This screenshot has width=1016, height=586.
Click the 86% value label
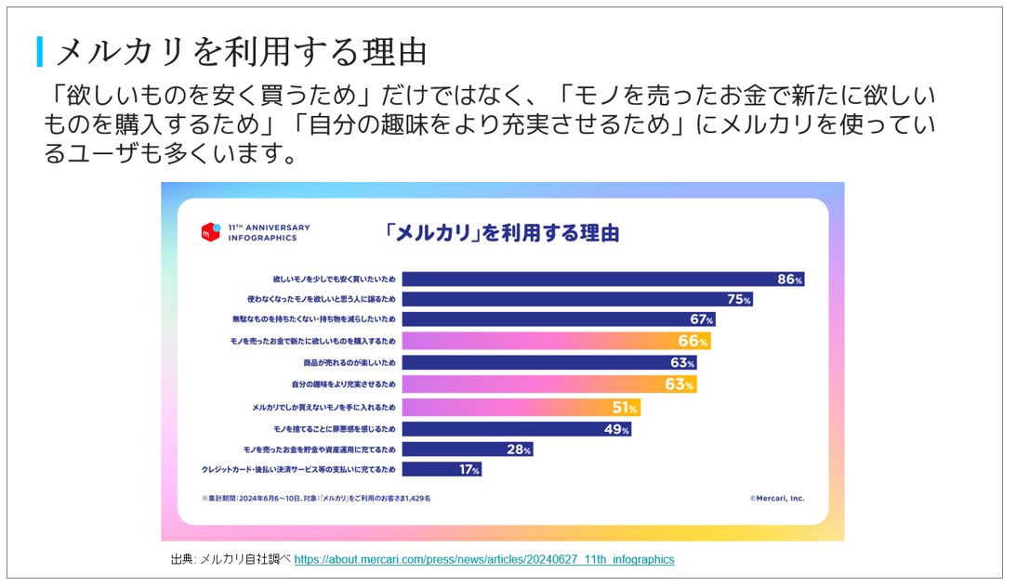(790, 279)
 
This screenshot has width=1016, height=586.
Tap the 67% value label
(702, 320)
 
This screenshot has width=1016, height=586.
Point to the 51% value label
(625, 408)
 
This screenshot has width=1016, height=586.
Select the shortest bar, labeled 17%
(442, 470)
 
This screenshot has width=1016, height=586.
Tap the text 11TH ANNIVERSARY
(269, 228)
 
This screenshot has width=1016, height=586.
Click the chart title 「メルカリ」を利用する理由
(502, 232)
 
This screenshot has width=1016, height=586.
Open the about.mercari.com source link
(484, 559)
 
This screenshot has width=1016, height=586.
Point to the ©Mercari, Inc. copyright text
(777, 498)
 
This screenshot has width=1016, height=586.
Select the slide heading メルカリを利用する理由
(242, 51)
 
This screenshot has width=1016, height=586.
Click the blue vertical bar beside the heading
(40, 51)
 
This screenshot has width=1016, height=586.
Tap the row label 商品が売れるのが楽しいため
(350, 363)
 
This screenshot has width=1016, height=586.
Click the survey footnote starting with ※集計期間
(316, 498)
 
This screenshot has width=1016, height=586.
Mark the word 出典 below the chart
(182, 559)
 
